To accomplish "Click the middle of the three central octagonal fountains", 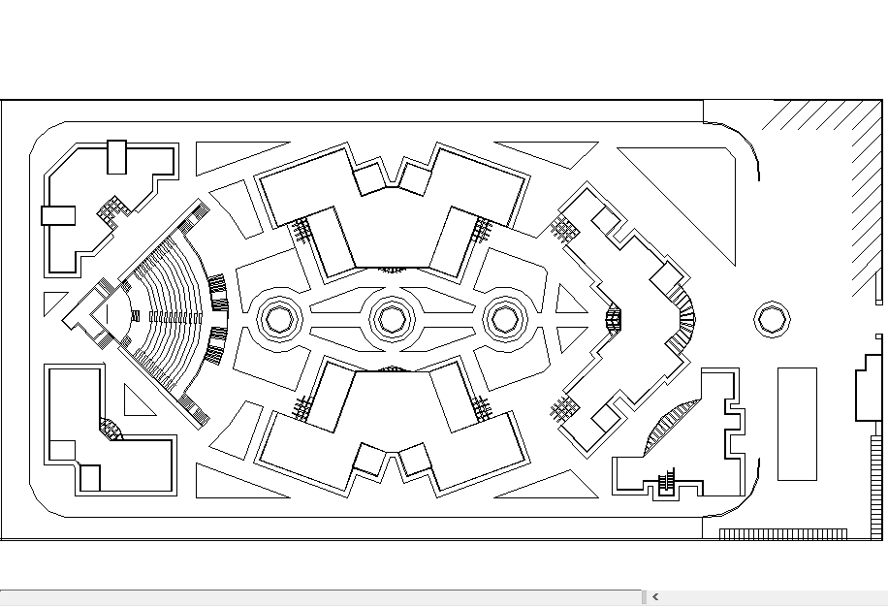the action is click(392, 317).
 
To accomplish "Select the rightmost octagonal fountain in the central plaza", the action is click(504, 317).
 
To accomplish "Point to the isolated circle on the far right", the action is click(772, 318).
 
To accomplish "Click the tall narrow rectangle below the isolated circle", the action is click(797, 424).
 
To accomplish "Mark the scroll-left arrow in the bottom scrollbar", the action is click(656, 597).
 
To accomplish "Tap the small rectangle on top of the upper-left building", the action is click(116, 157).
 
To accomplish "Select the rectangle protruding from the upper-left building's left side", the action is click(58, 215).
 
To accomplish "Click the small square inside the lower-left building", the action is click(90, 478).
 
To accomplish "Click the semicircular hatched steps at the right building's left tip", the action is click(613, 318).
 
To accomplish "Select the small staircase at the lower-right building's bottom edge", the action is click(666, 481).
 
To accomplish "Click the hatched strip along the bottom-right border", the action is click(782, 534).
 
